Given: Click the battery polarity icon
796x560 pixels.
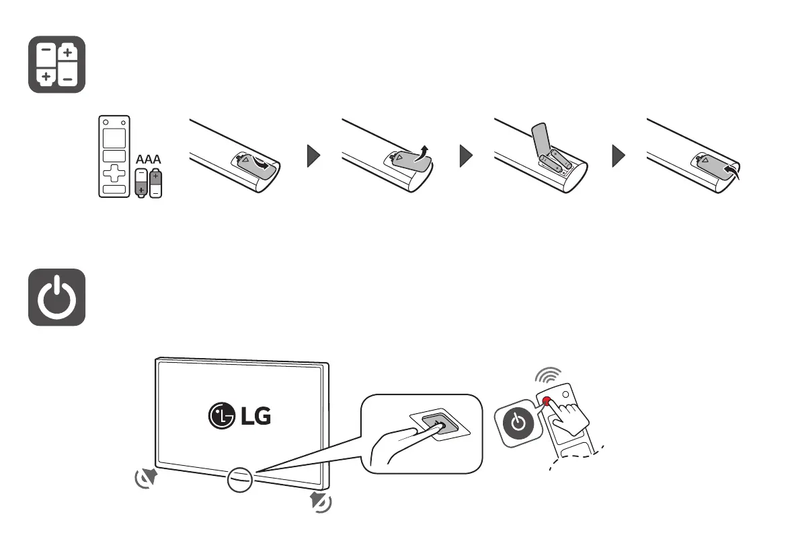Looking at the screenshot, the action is [56, 64].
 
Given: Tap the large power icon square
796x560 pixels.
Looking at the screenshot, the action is [56, 297].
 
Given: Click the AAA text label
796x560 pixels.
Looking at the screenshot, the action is [148, 161].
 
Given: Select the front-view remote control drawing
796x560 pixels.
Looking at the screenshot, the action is [114, 157].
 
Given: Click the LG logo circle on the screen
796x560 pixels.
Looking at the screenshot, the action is [220, 415].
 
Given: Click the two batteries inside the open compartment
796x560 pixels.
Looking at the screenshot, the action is [556, 162].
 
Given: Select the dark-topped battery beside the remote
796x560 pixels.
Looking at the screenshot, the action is [156, 182].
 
